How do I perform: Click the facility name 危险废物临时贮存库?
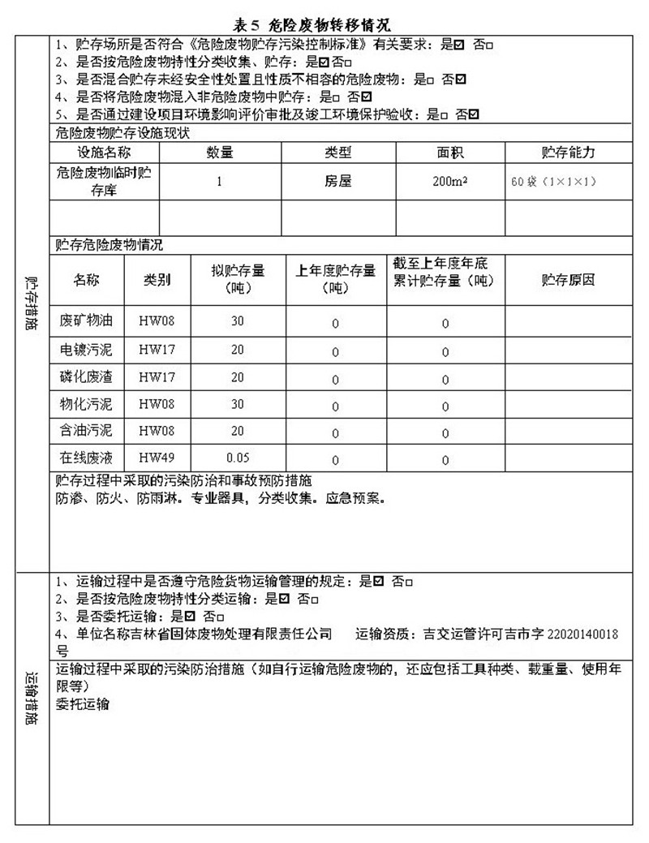coord(104,182)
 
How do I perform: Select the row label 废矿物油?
coord(86,321)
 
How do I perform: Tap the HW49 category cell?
coord(156,458)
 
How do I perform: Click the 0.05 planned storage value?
coord(237,458)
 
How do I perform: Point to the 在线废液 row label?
coord(86,458)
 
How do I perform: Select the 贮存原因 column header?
coord(567,280)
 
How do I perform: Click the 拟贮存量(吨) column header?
coord(237,280)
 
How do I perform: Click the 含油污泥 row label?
coord(86,431)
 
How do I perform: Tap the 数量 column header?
coord(219,153)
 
